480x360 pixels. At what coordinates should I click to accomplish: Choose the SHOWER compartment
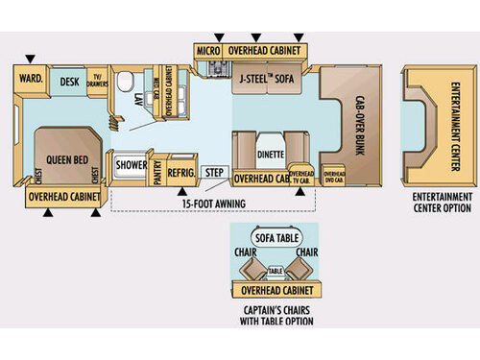point(131,165)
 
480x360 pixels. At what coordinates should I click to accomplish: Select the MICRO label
point(208,50)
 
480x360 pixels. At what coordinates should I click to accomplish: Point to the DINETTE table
point(269,153)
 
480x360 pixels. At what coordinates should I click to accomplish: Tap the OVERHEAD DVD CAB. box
point(334,177)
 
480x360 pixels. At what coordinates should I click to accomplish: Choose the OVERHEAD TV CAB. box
point(301,176)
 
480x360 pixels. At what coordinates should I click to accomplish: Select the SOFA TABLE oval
point(276,237)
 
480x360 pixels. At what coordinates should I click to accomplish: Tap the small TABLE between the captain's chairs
point(275,271)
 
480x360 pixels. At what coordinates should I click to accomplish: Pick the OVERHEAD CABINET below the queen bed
point(62,197)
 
